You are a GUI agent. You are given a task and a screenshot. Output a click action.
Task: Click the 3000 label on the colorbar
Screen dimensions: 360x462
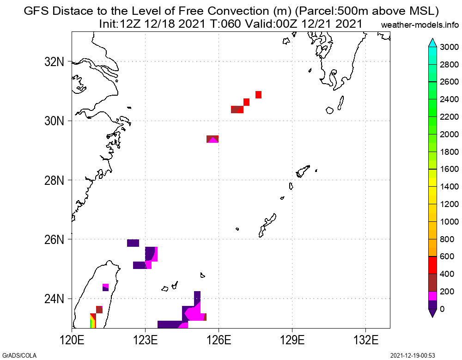click(449, 47)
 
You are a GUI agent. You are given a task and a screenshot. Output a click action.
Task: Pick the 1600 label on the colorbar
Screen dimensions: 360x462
click(449, 169)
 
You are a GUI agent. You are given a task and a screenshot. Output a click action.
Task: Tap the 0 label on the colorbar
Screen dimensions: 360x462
click(443, 309)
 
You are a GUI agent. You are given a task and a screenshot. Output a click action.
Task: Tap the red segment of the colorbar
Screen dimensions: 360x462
click(433, 265)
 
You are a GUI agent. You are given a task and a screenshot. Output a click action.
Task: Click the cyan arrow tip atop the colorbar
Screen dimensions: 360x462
click(433, 43)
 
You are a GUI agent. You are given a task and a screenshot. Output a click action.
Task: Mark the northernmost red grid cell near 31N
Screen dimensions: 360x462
click(258, 95)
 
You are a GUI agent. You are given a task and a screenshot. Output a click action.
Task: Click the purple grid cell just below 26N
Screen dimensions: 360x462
click(133, 243)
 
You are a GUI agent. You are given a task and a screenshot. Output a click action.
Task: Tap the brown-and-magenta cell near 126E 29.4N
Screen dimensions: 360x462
click(213, 139)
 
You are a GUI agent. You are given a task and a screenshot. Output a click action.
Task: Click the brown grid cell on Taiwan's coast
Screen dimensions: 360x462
click(99, 309)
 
